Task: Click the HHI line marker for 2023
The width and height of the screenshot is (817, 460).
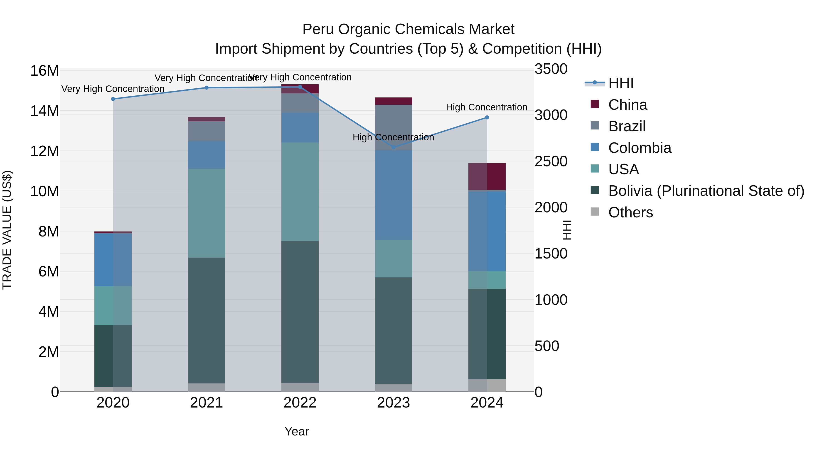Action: (x=394, y=147)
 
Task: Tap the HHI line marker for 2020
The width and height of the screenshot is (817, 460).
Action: (x=113, y=99)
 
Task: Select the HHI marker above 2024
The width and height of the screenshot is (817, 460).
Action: (x=487, y=117)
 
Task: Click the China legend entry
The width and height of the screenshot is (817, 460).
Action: (x=627, y=105)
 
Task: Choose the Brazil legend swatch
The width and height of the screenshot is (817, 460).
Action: (x=595, y=126)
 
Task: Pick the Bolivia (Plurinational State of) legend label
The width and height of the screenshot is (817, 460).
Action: (x=706, y=191)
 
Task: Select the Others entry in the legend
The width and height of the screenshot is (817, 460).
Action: (x=630, y=212)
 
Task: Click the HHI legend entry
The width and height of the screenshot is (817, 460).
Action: (x=621, y=83)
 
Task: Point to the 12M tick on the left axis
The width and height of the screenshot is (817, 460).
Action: (x=44, y=151)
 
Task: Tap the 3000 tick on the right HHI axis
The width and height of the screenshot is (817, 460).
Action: (x=551, y=115)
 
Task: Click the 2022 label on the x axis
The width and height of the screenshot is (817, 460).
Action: (x=300, y=403)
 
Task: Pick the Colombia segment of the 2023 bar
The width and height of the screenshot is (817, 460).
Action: (x=393, y=195)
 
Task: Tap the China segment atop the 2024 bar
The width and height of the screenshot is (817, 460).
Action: (x=487, y=177)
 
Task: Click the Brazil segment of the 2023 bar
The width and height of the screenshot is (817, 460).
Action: (x=393, y=127)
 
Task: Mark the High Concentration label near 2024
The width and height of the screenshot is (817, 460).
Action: (x=487, y=107)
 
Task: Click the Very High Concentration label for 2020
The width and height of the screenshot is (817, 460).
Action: (x=113, y=89)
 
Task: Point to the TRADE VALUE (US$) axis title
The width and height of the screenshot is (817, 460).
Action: (x=7, y=230)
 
